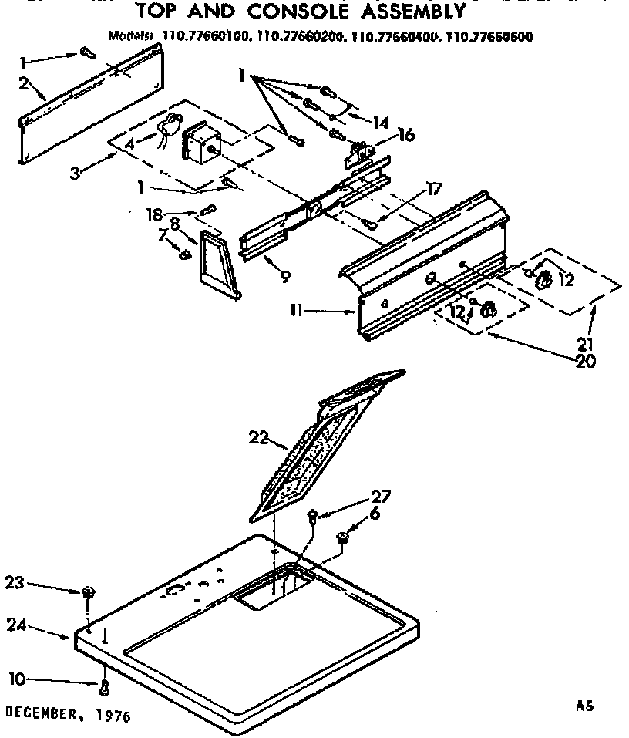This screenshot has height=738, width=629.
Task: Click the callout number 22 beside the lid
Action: (x=257, y=438)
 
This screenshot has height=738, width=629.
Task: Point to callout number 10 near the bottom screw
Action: (x=16, y=678)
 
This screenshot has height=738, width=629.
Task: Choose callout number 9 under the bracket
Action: (x=284, y=275)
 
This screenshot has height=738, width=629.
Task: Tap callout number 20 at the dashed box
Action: (x=585, y=360)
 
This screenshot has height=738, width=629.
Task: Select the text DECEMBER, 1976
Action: (x=68, y=715)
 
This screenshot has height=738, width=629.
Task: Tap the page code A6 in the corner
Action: (x=586, y=704)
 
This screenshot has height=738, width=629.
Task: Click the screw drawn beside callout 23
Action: (x=88, y=592)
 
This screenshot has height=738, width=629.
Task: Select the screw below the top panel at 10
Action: (x=102, y=684)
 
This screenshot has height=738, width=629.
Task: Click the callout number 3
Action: (x=75, y=172)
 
